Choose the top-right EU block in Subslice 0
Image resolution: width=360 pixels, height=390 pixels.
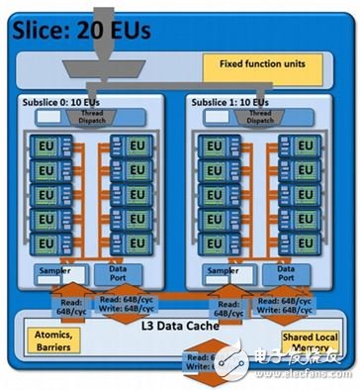pos(134,146)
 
